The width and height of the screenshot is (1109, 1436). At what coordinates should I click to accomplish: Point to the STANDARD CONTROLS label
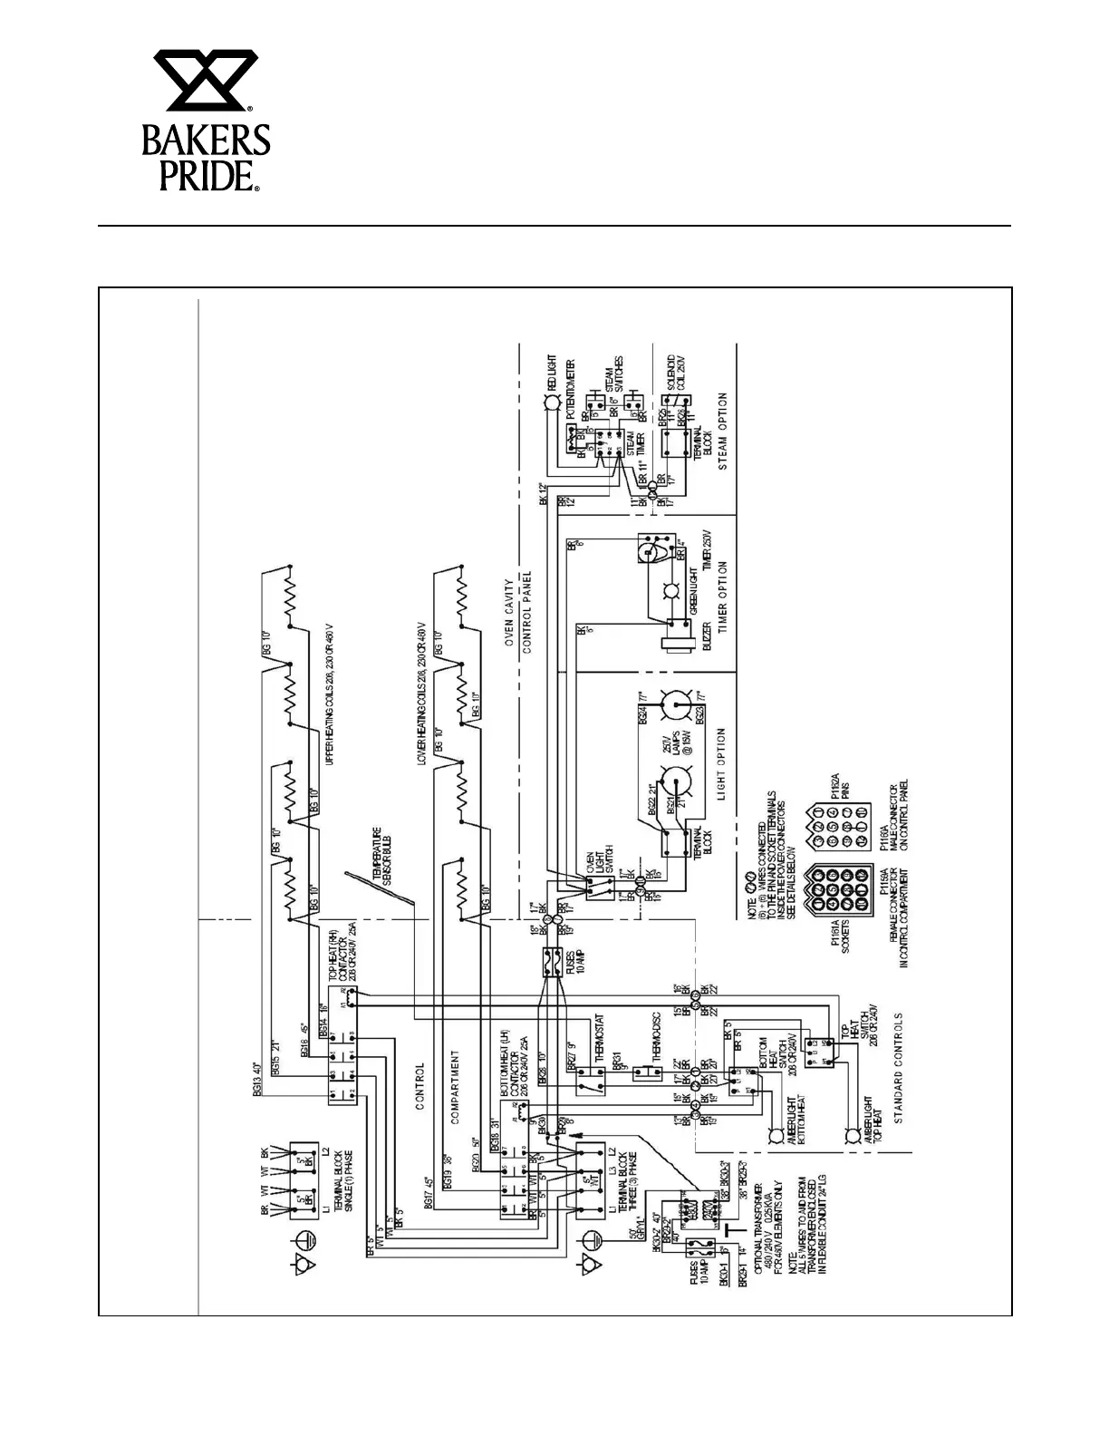899,1069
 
